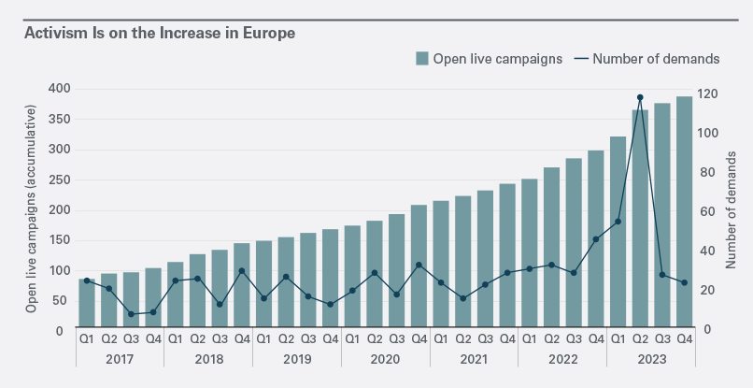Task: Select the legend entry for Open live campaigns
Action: point(489,58)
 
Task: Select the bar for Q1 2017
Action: point(86,304)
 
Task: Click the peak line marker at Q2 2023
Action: point(640,97)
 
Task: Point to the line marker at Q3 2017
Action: point(131,314)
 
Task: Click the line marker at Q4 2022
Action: point(595,239)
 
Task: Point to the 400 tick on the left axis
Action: point(59,89)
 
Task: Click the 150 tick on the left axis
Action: point(59,240)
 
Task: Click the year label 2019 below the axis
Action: point(296,359)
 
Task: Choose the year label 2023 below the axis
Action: point(651,359)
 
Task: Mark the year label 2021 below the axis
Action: point(474,359)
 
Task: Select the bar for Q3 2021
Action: point(485,260)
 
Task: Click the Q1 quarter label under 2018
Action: point(175,339)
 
